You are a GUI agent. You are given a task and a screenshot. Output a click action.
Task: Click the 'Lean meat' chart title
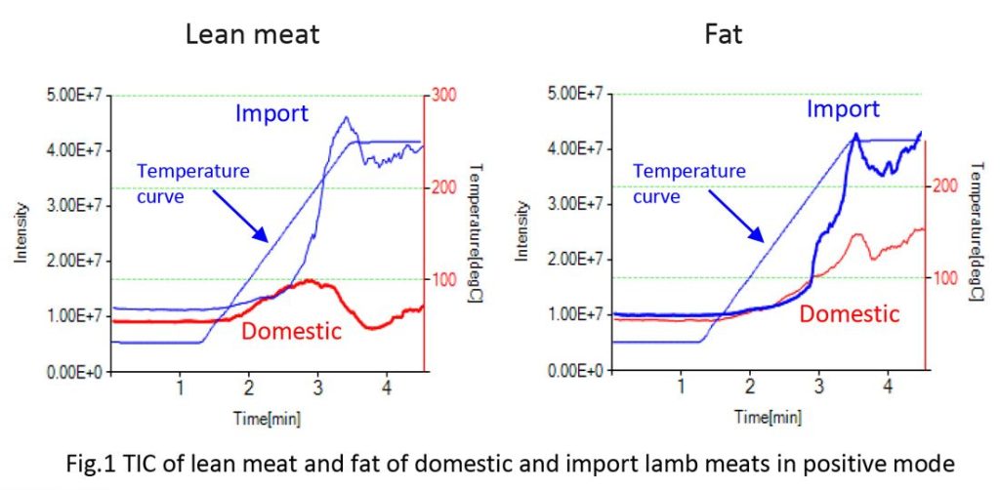[x=253, y=36]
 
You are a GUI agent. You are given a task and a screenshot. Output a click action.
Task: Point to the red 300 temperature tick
[x=445, y=95]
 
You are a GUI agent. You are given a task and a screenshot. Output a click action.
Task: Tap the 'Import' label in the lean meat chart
[x=271, y=113]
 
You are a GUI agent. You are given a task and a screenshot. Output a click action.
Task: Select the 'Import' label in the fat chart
[x=842, y=109]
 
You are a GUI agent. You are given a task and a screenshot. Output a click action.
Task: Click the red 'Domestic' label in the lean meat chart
[x=291, y=332]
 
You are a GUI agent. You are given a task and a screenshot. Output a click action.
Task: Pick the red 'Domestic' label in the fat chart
[x=849, y=314]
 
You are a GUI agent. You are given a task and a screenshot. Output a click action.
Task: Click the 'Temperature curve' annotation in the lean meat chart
[x=192, y=181]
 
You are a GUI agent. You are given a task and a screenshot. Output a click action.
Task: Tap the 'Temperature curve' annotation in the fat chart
[x=689, y=182]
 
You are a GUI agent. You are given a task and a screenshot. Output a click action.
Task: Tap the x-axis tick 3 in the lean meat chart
[x=317, y=385]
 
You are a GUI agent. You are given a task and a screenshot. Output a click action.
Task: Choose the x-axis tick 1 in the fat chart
[x=682, y=385]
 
